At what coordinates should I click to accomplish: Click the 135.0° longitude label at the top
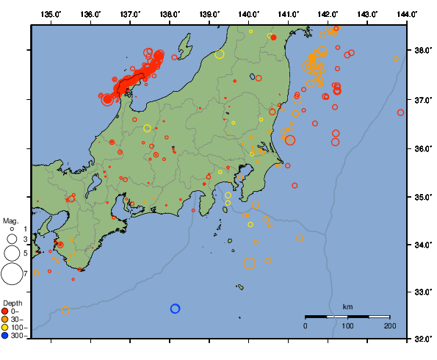[x=51, y=14]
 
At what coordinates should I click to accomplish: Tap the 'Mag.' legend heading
[x=10, y=220]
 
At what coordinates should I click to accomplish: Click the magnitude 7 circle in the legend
[x=11, y=274]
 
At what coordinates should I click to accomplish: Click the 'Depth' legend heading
[x=12, y=303]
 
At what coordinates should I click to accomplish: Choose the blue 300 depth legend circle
[x=6, y=336]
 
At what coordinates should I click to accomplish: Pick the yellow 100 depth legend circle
[x=6, y=327]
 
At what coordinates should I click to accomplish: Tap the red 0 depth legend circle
[x=6, y=311]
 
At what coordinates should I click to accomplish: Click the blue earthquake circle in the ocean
[x=175, y=309]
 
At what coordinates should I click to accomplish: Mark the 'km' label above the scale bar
[x=347, y=306]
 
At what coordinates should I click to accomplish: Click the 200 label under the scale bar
[x=389, y=325]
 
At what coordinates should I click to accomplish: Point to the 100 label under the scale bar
[x=347, y=325]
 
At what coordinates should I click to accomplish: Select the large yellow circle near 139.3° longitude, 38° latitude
[x=220, y=54]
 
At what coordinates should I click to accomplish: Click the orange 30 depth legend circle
[x=6, y=319]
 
